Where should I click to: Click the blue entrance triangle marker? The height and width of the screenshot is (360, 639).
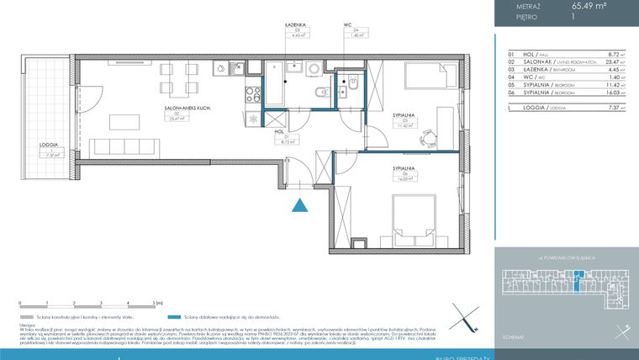point(299,204)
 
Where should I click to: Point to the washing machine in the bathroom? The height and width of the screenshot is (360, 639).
point(313,71)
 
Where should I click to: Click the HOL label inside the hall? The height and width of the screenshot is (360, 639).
point(278,131)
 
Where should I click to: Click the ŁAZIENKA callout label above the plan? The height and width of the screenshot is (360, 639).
point(294,26)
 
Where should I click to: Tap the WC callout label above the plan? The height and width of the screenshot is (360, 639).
point(346,26)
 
